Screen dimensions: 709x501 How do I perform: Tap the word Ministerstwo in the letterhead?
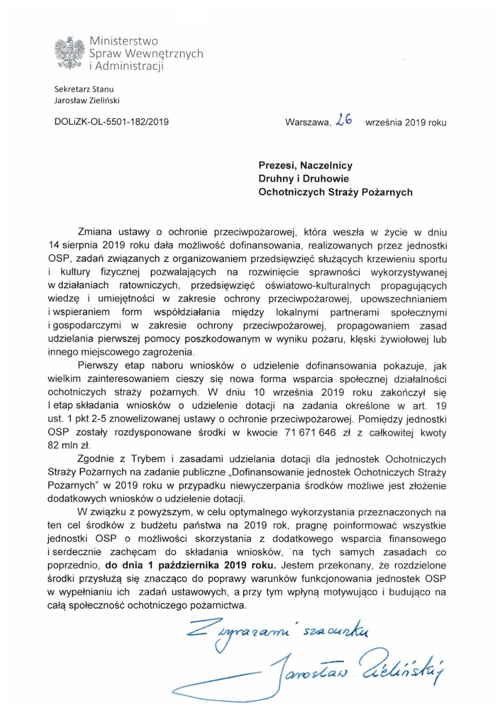coord(123,41)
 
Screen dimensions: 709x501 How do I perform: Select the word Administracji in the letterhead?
coord(130,66)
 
